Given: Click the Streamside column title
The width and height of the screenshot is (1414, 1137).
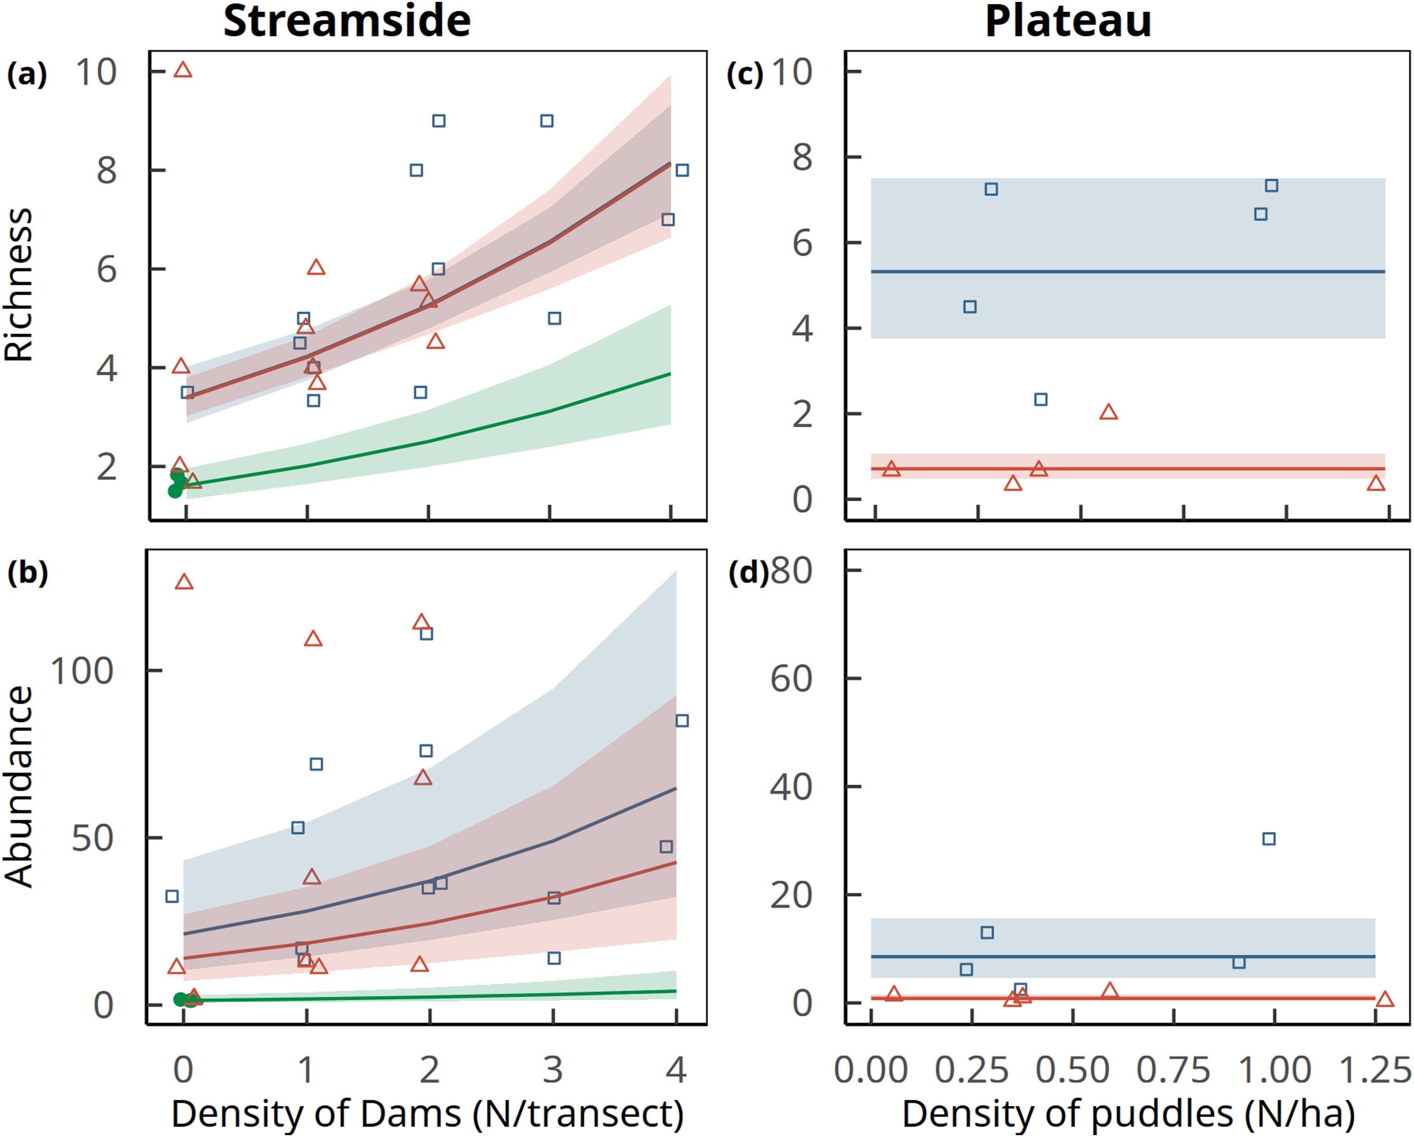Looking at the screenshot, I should pos(347,22).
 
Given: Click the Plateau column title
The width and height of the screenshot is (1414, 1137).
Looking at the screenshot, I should pos(1068,22).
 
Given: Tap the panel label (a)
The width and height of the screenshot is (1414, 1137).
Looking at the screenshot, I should pos(27,74).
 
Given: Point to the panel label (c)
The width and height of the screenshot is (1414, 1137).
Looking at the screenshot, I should pos(745,74).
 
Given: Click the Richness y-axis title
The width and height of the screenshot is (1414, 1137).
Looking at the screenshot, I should pos(18,285).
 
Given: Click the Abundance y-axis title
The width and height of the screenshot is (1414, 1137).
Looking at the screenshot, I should pos(18,787).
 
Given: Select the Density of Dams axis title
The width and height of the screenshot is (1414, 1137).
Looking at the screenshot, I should pos(427,1113).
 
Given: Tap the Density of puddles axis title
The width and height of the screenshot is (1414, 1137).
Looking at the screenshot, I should pos(1129,1113).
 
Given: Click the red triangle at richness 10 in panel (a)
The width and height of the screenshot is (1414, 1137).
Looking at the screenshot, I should pos(183,70).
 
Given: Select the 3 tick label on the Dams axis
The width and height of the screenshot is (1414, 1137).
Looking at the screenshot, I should pos(553,1070).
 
